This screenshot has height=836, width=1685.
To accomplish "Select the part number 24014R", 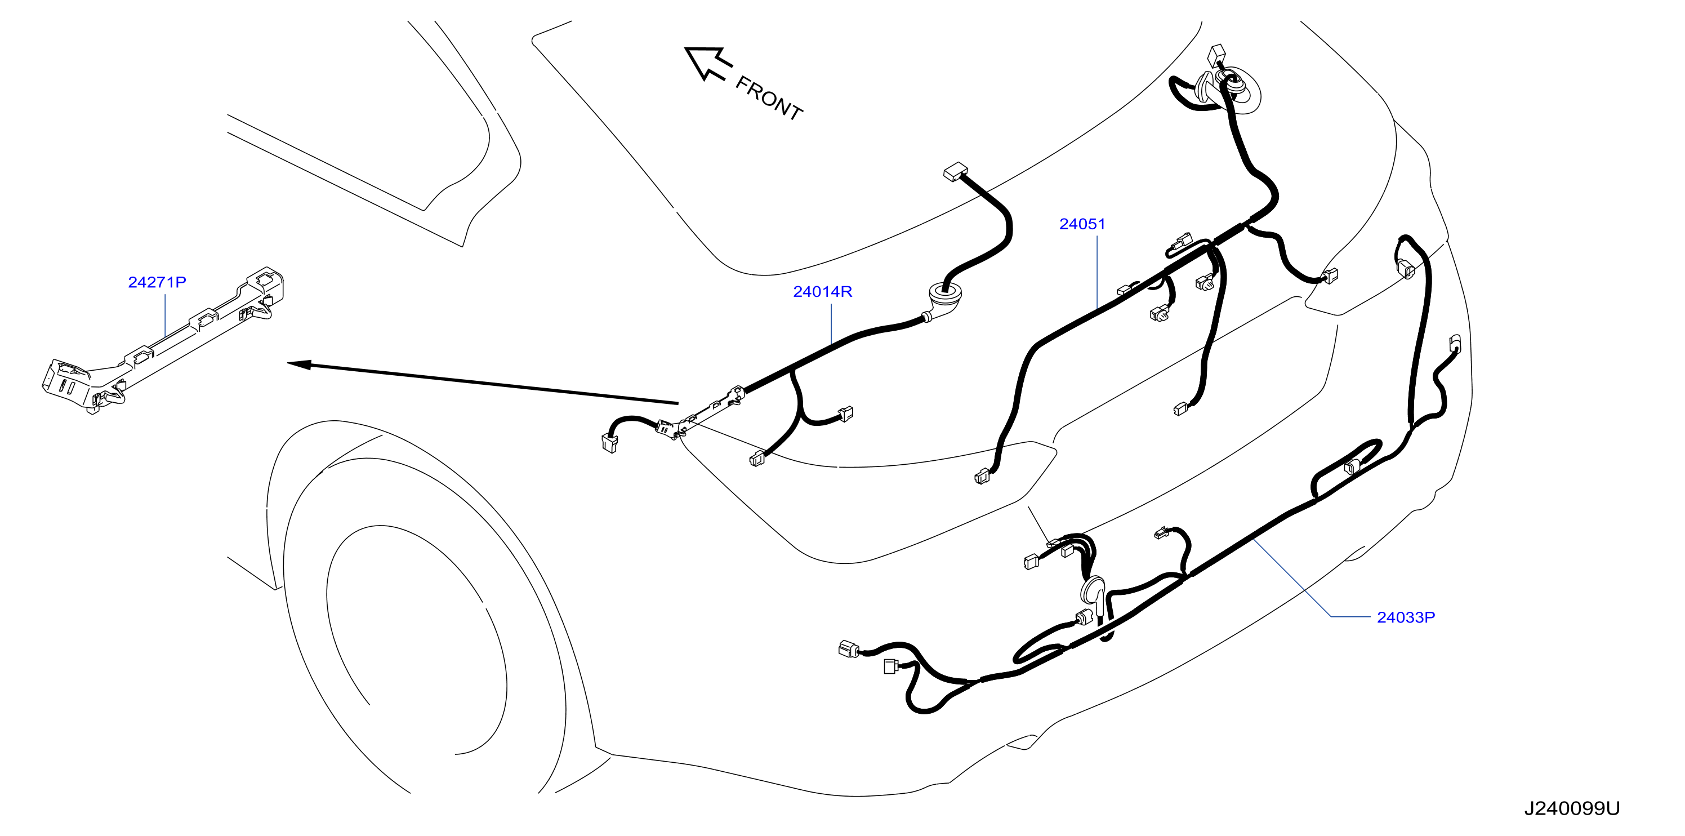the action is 822,292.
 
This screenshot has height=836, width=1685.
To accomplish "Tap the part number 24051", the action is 1082,224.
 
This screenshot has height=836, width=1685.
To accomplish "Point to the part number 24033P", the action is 1406,617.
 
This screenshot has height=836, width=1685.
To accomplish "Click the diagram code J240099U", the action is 1572,808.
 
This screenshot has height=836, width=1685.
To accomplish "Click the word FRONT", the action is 769,99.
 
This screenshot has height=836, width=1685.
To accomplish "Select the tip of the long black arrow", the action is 288,363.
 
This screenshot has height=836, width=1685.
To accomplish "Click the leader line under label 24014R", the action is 831,323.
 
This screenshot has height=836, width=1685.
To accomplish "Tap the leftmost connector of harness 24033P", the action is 848,649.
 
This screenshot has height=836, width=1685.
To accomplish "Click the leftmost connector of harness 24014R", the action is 609,443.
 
